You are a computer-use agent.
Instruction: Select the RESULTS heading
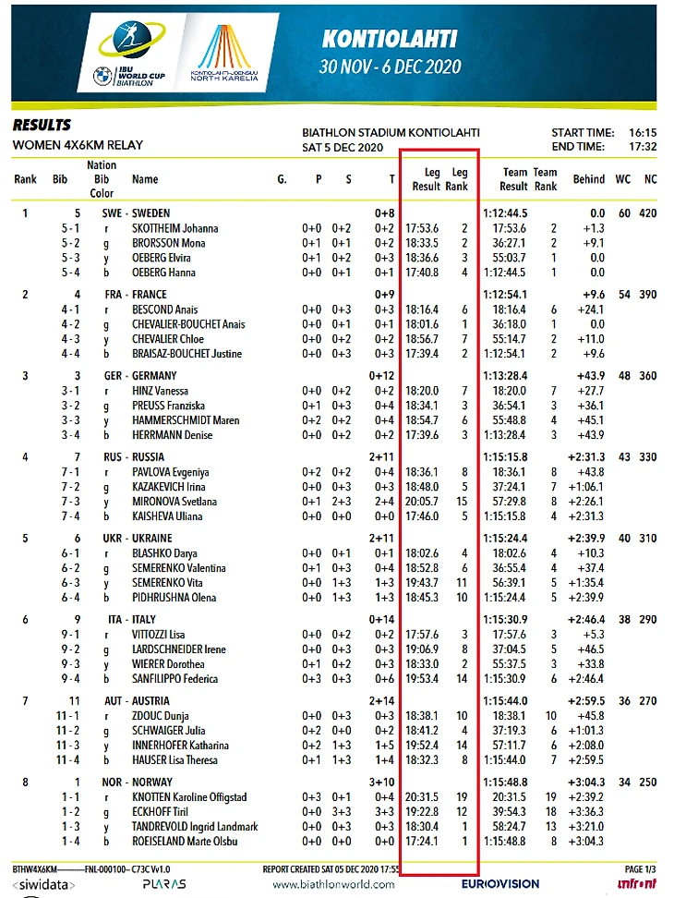[x=42, y=126]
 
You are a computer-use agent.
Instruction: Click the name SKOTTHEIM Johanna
[x=175, y=228]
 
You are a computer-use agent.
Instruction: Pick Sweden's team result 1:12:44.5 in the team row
[x=506, y=213]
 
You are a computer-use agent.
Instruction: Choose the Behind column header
[x=588, y=179]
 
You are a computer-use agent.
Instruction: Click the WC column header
[x=624, y=179]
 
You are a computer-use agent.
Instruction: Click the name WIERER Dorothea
[x=167, y=664]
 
